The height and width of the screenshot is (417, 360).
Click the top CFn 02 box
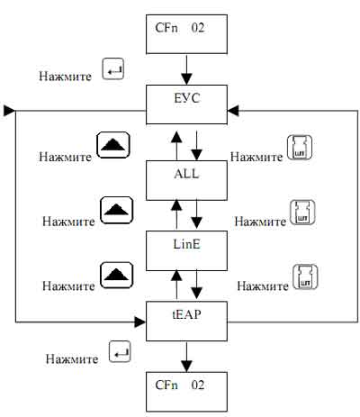pyautogui.click(x=186, y=34)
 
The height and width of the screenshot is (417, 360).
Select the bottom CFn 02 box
pyautogui.click(x=186, y=392)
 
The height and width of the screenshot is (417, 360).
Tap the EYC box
pyautogui.click(x=186, y=104)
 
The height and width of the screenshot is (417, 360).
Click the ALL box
pyautogui.click(x=186, y=180)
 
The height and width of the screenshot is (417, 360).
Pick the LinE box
pyautogui.click(x=186, y=250)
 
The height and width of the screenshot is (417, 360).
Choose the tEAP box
pyautogui.click(x=186, y=322)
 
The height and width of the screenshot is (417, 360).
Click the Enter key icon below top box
pyautogui.click(x=113, y=68)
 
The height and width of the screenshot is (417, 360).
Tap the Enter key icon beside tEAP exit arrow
pyautogui.click(x=120, y=351)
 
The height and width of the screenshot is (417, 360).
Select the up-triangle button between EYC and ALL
pyautogui.click(x=113, y=145)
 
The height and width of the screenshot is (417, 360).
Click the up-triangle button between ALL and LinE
pyautogui.click(x=117, y=210)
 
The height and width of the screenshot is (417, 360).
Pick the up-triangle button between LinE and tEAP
pyautogui.click(x=117, y=275)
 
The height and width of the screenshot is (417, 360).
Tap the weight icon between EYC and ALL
pyautogui.click(x=300, y=148)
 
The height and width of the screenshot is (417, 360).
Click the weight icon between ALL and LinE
pyautogui.click(x=303, y=213)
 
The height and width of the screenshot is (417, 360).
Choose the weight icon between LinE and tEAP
pyautogui.click(x=305, y=276)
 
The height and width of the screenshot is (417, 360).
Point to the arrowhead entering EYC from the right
pyautogui.click(x=233, y=111)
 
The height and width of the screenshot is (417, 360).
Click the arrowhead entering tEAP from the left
pyautogui.click(x=140, y=322)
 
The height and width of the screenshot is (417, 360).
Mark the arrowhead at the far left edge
pyautogui.click(x=9, y=111)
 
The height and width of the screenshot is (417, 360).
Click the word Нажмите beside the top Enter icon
pyautogui.click(x=65, y=76)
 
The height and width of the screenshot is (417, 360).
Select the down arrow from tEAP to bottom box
pyautogui.click(x=186, y=357)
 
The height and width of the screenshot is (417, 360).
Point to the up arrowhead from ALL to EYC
pyautogui.click(x=176, y=137)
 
